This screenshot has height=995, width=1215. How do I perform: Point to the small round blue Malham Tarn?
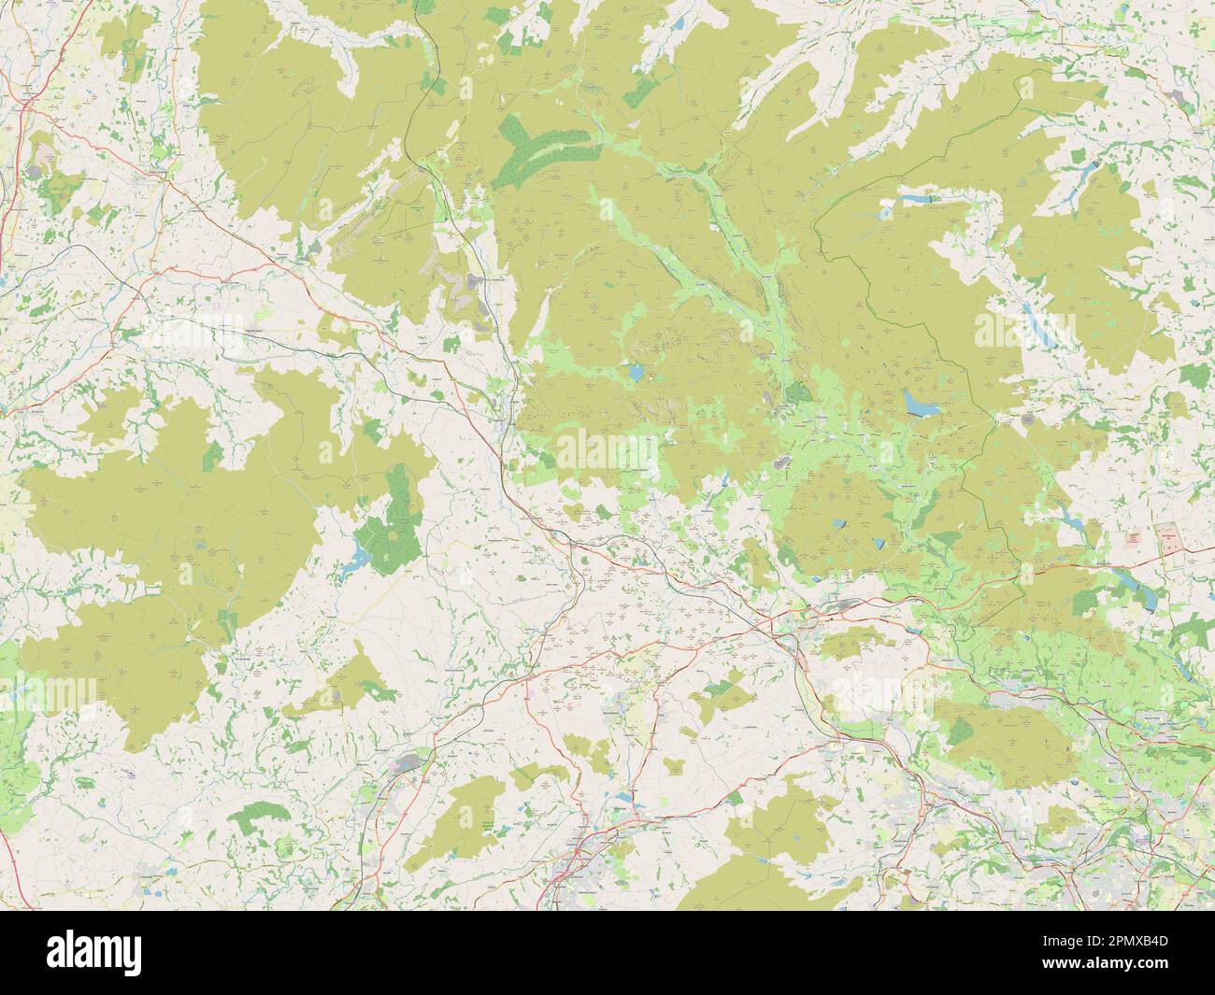(x=636, y=373)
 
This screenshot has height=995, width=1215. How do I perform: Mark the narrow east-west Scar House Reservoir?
(x=921, y=198)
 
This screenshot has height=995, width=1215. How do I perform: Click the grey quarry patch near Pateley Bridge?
(x=1028, y=422)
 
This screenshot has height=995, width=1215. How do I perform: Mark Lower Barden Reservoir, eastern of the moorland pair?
(x=879, y=542)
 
